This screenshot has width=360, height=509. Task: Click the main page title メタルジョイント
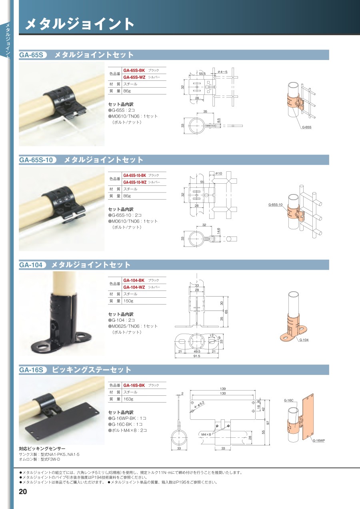click(80, 24)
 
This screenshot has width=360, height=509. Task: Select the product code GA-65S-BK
click(134, 70)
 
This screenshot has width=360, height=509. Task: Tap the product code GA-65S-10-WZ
click(135, 182)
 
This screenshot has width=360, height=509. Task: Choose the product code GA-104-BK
click(134, 281)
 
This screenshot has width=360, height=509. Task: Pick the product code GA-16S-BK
click(134, 385)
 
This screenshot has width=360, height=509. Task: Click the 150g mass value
click(128, 301)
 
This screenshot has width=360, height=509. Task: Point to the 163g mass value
click(128, 399)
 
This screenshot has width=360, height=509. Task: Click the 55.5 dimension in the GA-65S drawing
click(202, 74)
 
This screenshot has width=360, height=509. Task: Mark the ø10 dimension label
click(218, 173)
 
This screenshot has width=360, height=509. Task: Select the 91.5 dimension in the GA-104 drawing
click(197, 356)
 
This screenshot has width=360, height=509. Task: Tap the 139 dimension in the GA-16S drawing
click(223, 389)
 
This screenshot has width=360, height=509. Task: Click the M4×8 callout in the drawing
click(206, 435)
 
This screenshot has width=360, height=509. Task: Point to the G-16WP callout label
click(319, 441)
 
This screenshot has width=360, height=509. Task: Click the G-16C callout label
click(289, 401)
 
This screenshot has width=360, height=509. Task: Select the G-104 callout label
click(304, 340)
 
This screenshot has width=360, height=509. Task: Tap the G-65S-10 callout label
click(275, 204)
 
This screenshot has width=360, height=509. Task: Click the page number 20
click(23, 491)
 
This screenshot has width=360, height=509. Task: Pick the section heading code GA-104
click(31, 265)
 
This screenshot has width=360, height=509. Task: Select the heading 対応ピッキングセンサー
click(42, 449)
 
